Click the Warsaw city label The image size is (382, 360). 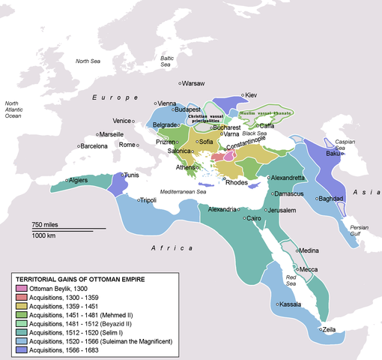pos(196,82)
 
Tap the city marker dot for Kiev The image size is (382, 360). pos(243,96)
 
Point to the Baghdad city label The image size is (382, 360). pos(331,199)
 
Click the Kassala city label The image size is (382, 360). pos(291,304)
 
